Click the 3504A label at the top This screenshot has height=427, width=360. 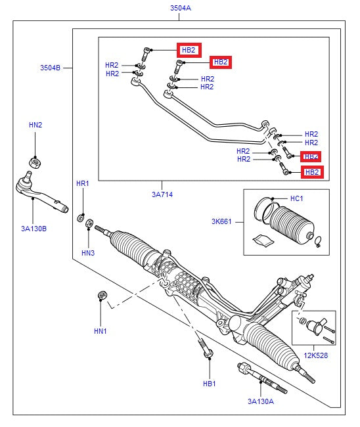coord(179,9)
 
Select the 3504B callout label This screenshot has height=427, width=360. coord(50,68)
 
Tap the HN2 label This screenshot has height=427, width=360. coord(35,125)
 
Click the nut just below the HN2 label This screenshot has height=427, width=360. coord(35,160)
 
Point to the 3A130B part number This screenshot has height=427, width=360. coord(34,229)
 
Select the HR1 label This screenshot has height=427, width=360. coord(82,183)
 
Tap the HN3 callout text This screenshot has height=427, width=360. coord(88,252)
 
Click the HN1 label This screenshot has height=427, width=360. coord(100,331)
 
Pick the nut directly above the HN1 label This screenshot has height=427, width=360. coord(102,295)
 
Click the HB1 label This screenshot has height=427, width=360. coord(209,384)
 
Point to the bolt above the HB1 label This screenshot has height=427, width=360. coord(204,347)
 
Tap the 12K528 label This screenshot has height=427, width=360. coord(316,355)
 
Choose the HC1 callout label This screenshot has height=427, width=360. coord(297,198)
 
